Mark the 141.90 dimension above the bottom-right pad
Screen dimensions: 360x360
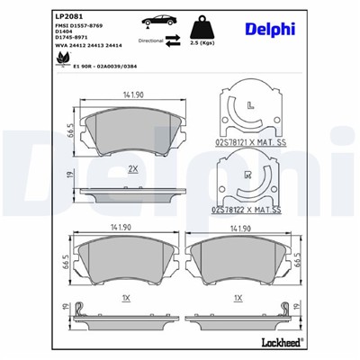238,229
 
